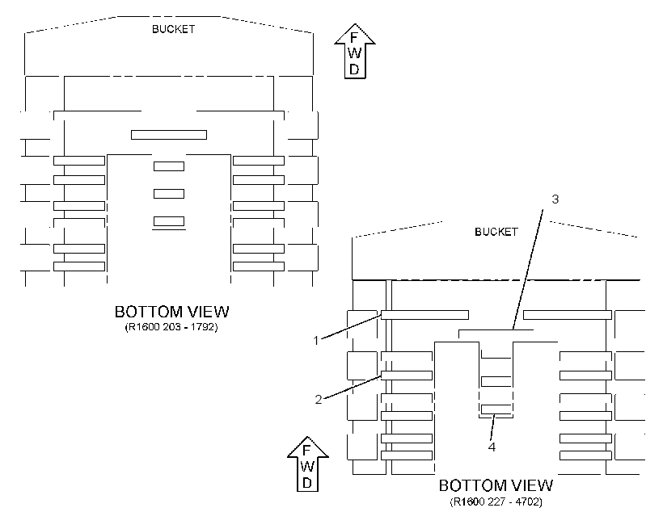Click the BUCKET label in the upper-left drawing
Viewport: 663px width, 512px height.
(173, 29)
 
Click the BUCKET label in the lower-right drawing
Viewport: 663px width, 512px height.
(496, 232)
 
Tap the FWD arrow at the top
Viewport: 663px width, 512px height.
(355, 51)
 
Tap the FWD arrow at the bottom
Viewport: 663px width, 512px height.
(308, 464)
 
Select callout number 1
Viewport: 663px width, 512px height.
(316, 340)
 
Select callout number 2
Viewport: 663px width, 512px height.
(319, 399)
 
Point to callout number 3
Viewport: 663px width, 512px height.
(555, 199)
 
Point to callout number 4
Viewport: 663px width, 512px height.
(492, 447)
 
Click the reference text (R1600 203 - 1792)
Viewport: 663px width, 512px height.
(171, 327)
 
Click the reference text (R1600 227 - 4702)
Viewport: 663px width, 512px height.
(496, 502)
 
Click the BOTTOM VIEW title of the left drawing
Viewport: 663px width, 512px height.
(171, 312)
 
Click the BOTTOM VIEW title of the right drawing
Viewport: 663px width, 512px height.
(496, 485)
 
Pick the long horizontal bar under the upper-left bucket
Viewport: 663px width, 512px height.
(169, 135)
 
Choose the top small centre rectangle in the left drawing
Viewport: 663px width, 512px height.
(169, 166)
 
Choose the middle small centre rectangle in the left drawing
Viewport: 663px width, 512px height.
(169, 194)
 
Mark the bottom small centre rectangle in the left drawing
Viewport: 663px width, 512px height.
(169, 221)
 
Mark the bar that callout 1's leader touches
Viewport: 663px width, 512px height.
(424, 315)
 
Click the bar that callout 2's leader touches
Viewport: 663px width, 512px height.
(407, 376)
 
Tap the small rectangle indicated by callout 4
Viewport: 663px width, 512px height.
(496, 409)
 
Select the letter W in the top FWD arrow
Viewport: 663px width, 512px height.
(355, 53)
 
